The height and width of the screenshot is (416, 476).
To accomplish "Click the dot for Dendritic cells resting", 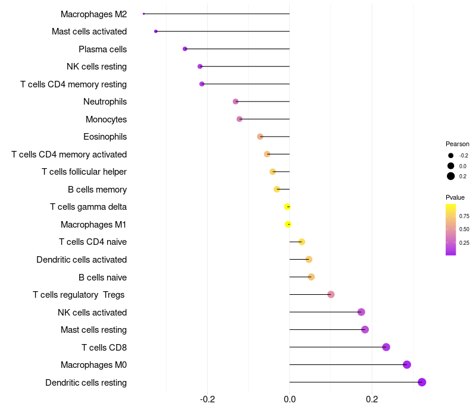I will pos(422,382).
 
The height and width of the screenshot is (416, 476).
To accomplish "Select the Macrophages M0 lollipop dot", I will pos(407,365).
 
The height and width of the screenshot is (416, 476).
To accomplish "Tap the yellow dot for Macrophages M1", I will pos(288,225).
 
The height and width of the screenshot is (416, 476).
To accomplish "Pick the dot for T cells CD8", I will pos(386,347).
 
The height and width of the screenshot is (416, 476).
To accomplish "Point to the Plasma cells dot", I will pos(185,49).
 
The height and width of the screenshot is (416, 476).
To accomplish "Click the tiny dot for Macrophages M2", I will pos(144,14).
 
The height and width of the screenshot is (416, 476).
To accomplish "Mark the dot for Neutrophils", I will pos(236,102).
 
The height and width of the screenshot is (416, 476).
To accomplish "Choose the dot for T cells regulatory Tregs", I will pos(331,295).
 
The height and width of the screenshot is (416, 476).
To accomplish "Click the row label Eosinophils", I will pos(105,137).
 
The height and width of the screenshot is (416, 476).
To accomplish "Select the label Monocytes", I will pos(106,119).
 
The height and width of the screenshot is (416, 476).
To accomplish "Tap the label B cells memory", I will pos(97,190).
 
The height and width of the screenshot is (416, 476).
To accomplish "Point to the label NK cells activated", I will pos(92,313).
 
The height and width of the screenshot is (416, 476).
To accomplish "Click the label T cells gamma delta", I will pos(88,207).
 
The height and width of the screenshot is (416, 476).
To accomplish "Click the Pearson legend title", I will pos(457,144).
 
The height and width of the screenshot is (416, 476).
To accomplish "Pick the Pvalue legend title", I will pos(455,197).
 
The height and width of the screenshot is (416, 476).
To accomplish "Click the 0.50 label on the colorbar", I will pos(464,229).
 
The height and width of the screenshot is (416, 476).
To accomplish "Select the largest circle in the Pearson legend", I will pos(451,176).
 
